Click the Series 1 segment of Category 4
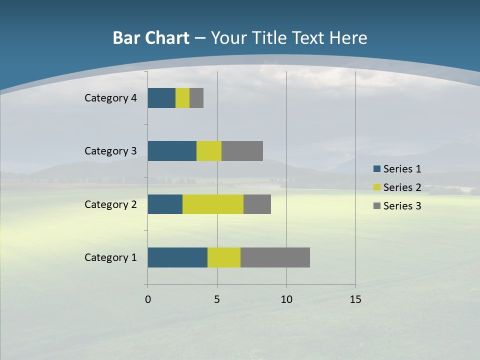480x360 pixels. pos(161,98)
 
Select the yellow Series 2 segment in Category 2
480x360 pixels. pos(213,204)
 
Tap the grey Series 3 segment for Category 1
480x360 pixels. pos(275,257)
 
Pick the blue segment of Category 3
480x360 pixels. pos(172,151)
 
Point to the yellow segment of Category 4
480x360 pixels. pos(182,98)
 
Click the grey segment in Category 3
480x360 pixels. pos(242,151)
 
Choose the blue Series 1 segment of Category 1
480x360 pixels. pos(177,257)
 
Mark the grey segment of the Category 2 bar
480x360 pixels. pos(257,204)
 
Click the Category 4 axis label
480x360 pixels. pos(110,98)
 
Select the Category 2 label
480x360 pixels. pos(110,204)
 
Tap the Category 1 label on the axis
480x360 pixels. pos(110,257)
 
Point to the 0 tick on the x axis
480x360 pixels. pos(148,299)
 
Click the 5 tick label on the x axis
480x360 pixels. pos(217,299)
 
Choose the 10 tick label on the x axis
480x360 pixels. pos(286,299)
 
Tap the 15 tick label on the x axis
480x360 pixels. pos(355,299)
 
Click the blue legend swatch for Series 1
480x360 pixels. pos(377,169)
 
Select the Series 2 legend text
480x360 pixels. pos(402,187)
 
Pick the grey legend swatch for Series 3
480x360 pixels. pos(377,206)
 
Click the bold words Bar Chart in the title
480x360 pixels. pos(151,38)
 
